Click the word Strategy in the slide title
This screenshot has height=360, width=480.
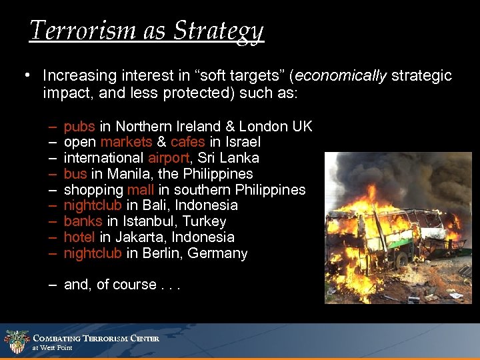tap(221, 31)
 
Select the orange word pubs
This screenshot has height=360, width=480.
tap(79, 126)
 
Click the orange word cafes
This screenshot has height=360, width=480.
tap(188, 142)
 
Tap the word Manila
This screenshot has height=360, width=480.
tap(126, 174)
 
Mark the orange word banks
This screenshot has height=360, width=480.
tap(83, 221)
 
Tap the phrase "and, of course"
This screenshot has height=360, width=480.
tap(110, 285)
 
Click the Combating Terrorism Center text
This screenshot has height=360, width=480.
tap(96, 338)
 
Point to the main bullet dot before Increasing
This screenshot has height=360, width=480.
tap(25, 75)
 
